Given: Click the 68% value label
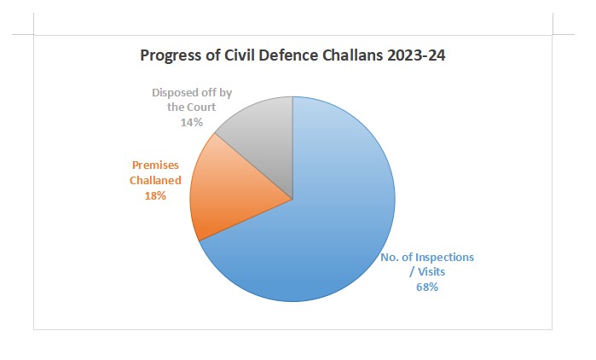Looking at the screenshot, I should coord(427,287).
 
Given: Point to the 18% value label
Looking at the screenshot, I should coord(154,195).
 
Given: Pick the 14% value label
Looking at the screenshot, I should coord(191,122).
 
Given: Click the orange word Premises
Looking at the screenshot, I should coord(154,166).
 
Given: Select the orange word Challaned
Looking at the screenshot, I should coord(154,181).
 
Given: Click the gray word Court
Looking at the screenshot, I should coord(200,107).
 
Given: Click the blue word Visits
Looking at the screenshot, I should coord(430,271).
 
